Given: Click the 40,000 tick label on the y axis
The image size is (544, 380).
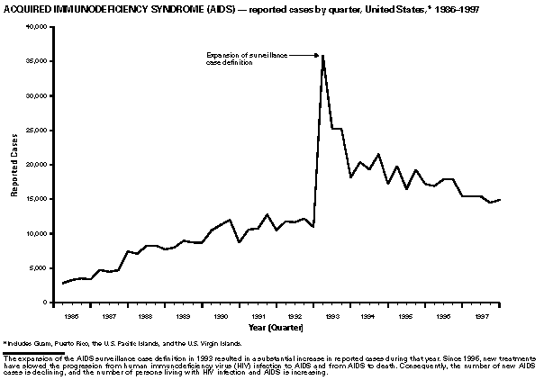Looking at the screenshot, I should [37, 27].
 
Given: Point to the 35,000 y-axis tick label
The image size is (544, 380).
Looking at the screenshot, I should [37, 61].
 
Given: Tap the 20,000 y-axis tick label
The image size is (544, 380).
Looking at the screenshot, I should [37, 165].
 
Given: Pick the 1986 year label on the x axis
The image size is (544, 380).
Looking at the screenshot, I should [69, 317].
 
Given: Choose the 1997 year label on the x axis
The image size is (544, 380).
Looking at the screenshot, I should [483, 317].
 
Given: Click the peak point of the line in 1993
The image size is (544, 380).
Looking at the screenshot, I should [323, 56].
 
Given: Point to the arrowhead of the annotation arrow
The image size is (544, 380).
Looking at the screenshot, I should [319, 56].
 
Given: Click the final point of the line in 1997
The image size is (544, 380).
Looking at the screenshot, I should [500, 199].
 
